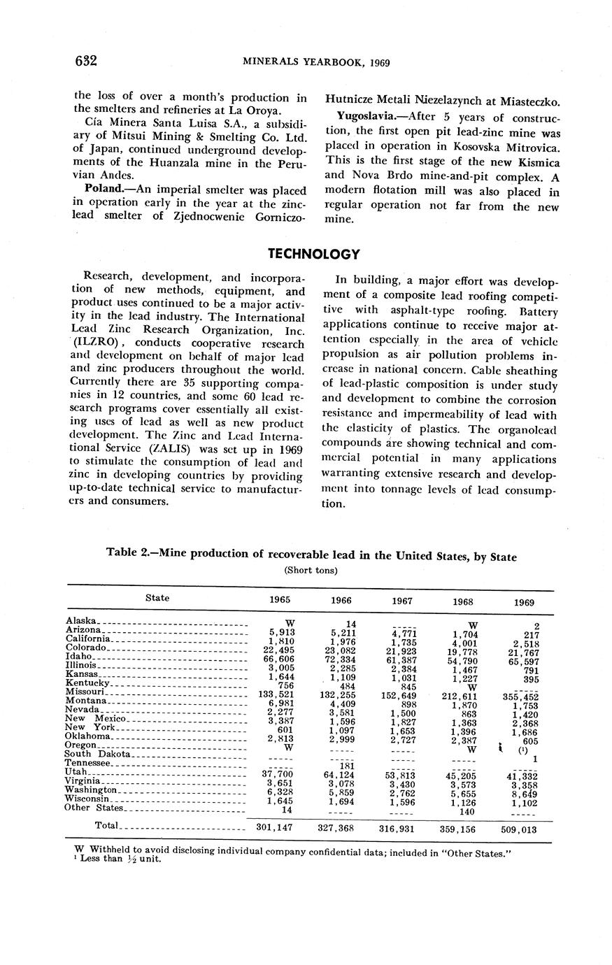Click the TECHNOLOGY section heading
click(x=315, y=254)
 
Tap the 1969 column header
click(x=523, y=601)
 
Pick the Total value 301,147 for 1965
click(x=274, y=827)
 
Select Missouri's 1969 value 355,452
click(x=520, y=696)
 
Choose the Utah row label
click(x=76, y=772)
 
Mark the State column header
click(x=157, y=598)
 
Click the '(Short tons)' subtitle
click(x=311, y=571)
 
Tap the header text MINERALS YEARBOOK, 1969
click(x=315, y=62)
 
